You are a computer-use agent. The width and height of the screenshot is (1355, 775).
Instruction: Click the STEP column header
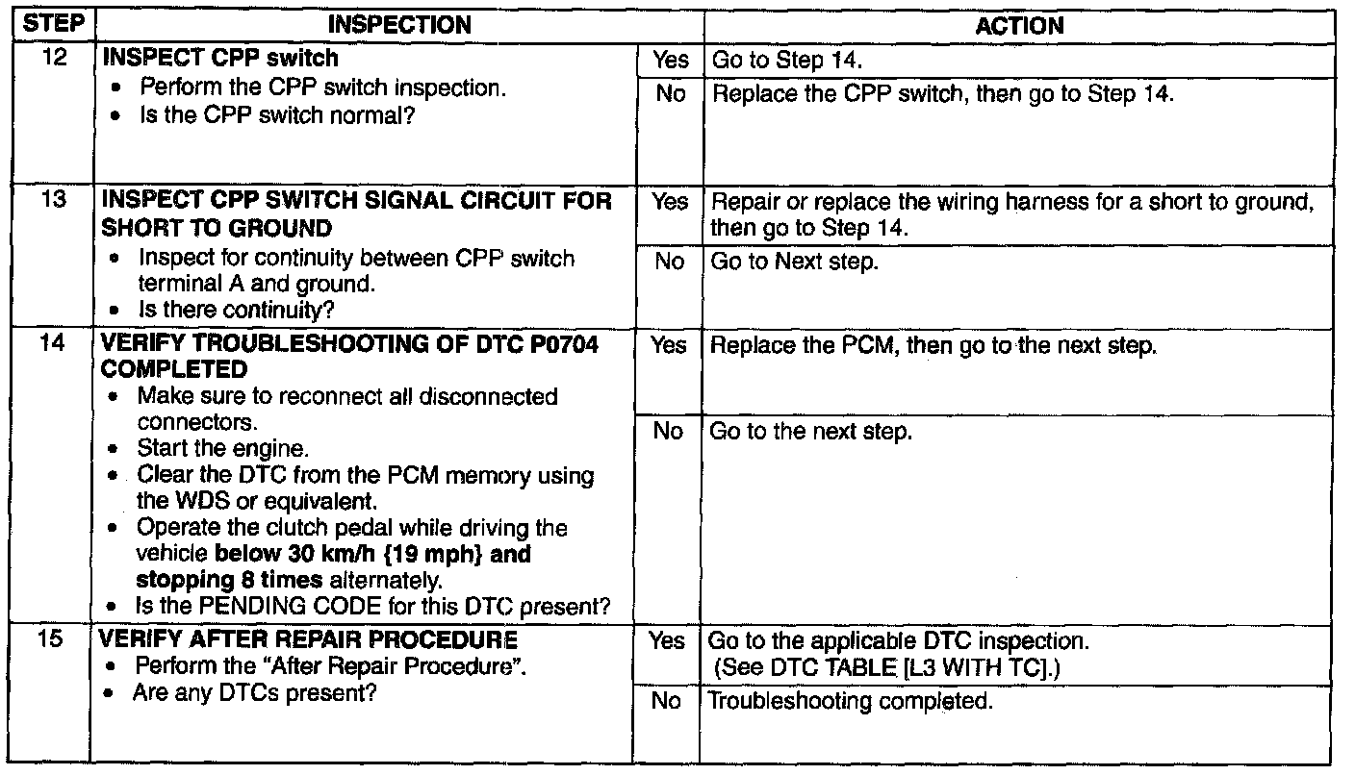point(53,24)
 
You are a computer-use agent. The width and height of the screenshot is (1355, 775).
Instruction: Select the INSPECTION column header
point(399,25)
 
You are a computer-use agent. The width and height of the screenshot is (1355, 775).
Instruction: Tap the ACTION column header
point(1019,26)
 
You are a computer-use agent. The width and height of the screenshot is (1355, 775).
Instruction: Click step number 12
point(54,58)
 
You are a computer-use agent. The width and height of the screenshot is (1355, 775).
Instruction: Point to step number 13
point(53,199)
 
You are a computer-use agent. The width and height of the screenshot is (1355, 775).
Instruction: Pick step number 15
point(50,638)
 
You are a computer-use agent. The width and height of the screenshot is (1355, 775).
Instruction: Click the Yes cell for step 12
point(671,60)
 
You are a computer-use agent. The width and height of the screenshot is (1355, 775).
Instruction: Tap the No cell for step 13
point(670,262)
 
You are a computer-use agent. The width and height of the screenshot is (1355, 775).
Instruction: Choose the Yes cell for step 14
point(669,345)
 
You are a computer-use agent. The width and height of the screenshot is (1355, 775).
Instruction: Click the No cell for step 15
point(666,701)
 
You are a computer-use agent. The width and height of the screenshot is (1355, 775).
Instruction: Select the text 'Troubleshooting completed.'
point(850,701)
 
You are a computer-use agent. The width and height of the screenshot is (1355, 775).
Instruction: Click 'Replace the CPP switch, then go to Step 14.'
point(943,93)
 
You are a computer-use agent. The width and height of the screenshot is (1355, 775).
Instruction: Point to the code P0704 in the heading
point(564,344)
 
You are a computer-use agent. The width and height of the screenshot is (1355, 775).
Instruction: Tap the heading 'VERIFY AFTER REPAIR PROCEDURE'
point(308,639)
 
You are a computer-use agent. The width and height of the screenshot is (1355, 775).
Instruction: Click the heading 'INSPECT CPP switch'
point(220,58)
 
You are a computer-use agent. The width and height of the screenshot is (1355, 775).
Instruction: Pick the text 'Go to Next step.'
point(794,262)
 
